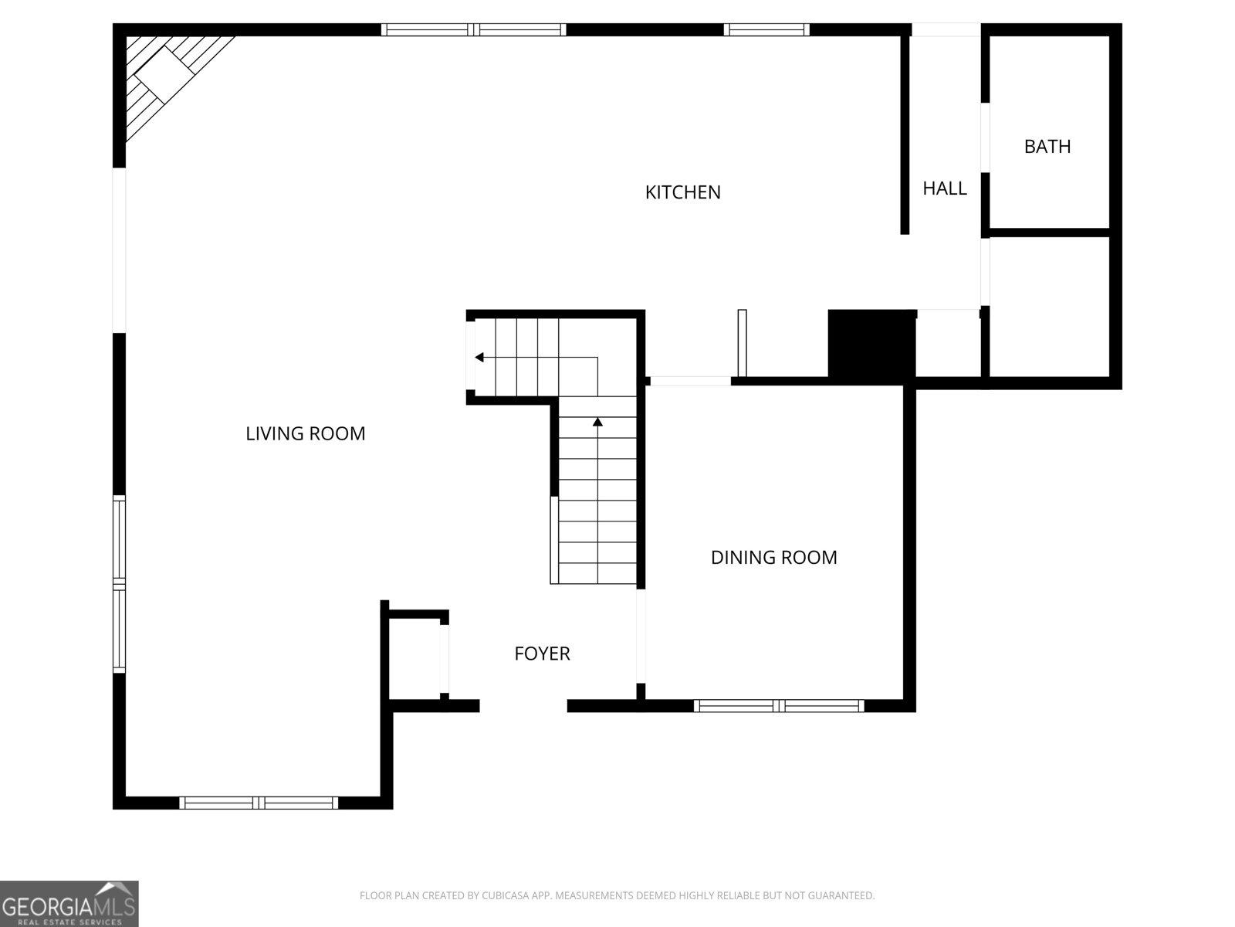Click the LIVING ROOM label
pos(306,433)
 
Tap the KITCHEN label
pos(682,192)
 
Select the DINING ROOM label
pos(773,557)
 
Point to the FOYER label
pos(542,654)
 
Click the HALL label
pos(945,188)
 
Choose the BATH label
pos(1047,146)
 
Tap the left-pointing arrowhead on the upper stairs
pos(479,358)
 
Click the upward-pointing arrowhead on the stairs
pos(597,422)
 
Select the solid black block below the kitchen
pos(871,347)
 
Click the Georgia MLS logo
pos(69,903)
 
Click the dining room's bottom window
pos(779,706)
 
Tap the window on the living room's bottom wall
pos(259,803)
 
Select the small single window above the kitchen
pos(766,30)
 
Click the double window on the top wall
pos(474,30)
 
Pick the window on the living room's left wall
pos(120,584)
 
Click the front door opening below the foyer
pos(523,706)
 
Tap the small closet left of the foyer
pos(414,659)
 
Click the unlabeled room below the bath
pos(1049,307)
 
